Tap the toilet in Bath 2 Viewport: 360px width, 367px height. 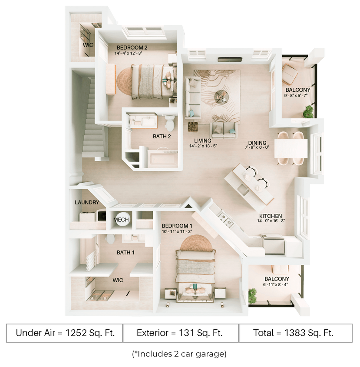click(x=170, y=123)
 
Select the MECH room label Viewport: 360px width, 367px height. click(x=121, y=220)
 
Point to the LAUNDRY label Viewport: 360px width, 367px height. click(x=87, y=203)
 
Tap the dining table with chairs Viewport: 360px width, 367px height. click(x=291, y=147)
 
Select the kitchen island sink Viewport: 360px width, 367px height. click(x=244, y=189)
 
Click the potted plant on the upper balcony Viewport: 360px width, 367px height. click(x=308, y=113)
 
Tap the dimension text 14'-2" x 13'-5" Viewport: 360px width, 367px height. click(x=202, y=147)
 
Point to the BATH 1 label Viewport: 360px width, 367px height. click(x=126, y=252)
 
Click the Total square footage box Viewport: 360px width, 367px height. click(x=295, y=334)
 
